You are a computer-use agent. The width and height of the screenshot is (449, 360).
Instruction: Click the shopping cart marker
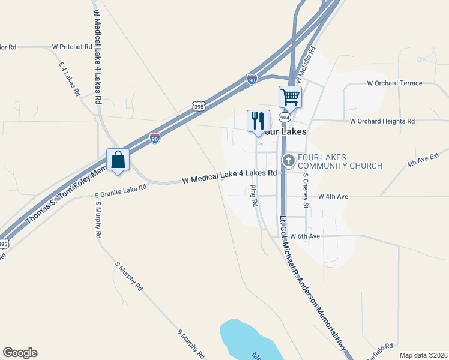(x=290, y=96)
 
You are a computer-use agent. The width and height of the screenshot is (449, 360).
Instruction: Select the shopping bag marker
(x=118, y=160)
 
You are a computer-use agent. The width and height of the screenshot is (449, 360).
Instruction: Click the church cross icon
(x=288, y=160)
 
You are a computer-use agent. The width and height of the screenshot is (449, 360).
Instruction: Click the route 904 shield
(x=285, y=117)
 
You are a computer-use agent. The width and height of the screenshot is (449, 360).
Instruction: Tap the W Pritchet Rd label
(x=72, y=46)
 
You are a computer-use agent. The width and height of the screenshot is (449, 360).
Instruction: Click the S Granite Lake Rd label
(x=121, y=191)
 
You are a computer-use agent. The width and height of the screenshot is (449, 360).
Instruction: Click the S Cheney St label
(x=305, y=191)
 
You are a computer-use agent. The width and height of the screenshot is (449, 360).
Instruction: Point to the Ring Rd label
(x=254, y=196)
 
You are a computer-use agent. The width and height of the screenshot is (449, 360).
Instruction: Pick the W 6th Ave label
(x=305, y=236)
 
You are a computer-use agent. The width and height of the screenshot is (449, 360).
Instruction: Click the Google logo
(x=20, y=353)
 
